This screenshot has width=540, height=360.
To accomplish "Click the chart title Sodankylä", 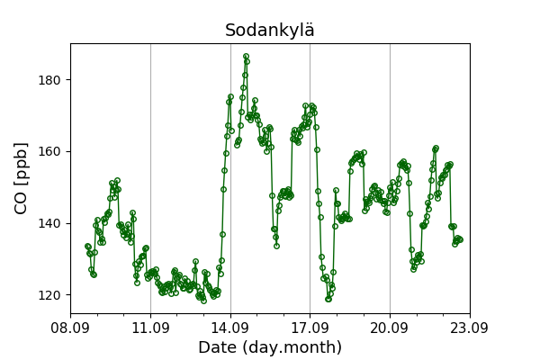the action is pyautogui.click(x=270, y=30).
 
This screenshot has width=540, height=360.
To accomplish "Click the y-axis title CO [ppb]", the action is pyautogui.click(x=21, y=178).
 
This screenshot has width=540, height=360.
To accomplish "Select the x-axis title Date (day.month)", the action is pyautogui.click(x=270, y=346).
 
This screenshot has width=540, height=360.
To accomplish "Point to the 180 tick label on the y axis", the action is pyautogui.click(x=49, y=80).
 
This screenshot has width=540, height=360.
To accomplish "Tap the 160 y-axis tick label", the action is pyautogui.click(x=49, y=151).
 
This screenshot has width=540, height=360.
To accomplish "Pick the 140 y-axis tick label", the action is pyautogui.click(x=49, y=223).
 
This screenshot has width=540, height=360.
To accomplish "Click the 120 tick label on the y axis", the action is pyautogui.click(x=49, y=295).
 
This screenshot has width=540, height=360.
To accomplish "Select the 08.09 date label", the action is pyautogui.click(x=70, y=328).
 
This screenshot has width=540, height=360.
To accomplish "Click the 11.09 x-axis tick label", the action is pyautogui.click(x=150, y=328).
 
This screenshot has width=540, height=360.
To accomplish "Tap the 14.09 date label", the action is pyautogui.click(x=230, y=328).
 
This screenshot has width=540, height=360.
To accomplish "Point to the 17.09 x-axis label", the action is pyautogui.click(x=310, y=328).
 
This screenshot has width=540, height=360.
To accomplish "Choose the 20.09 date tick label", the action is pyautogui.click(x=390, y=328).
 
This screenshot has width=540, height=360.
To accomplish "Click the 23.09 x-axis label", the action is pyautogui.click(x=470, y=328).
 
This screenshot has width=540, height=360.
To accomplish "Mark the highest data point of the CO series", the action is pyautogui.click(x=246, y=56).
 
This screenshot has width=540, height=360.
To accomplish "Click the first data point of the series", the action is pyautogui.click(x=87, y=246).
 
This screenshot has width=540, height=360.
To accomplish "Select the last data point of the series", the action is pyautogui.click(x=460, y=239).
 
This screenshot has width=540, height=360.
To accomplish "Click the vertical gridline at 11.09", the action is pyautogui.click(x=150, y=178).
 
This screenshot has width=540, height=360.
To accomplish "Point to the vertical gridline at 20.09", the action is pyautogui.click(x=390, y=178).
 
